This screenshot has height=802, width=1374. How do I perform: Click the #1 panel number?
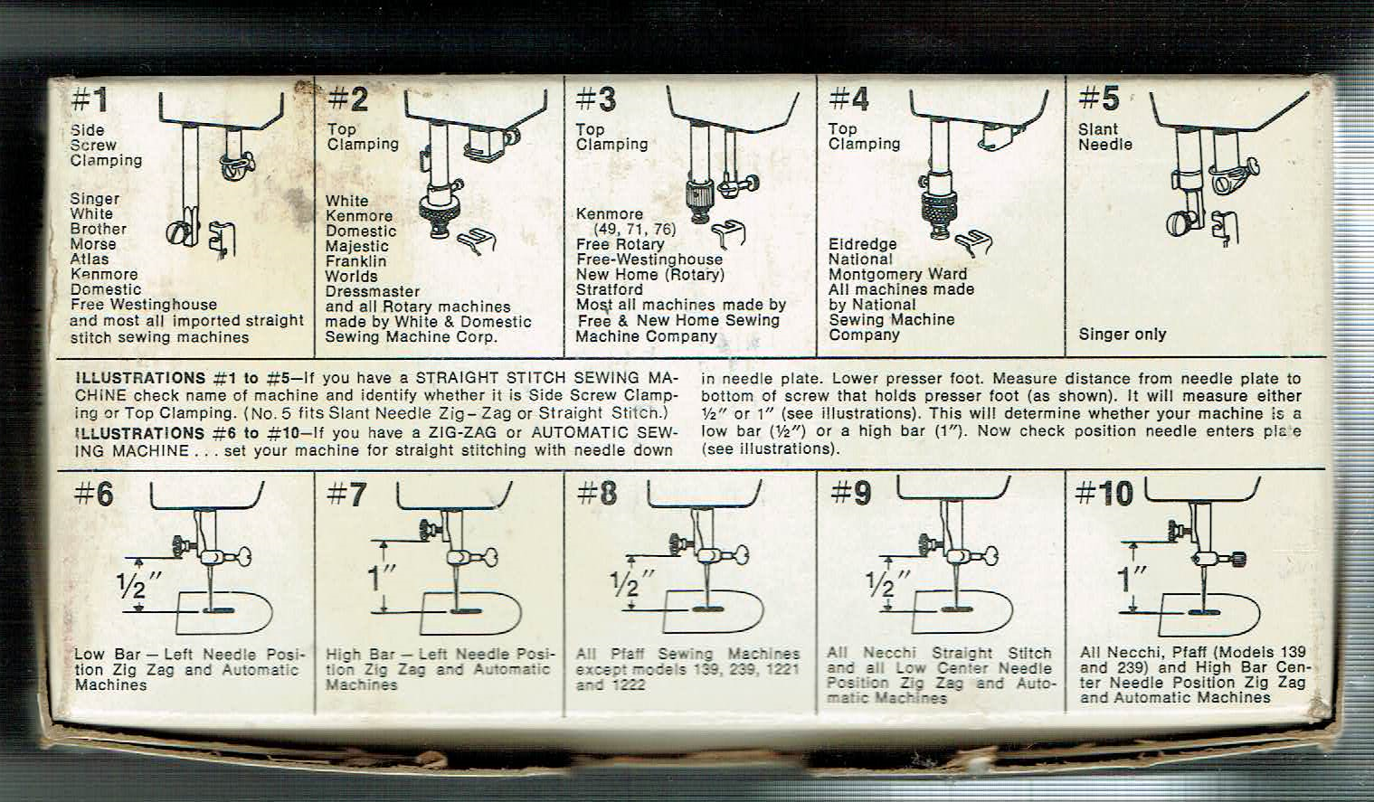[x=90, y=100]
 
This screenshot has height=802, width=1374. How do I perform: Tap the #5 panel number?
[x=1099, y=99]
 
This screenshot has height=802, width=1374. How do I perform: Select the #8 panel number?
[x=597, y=494]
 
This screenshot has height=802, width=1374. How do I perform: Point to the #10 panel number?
[x=1104, y=494]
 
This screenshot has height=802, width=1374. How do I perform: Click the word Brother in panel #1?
[x=98, y=229]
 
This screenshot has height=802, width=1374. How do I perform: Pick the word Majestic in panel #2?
[x=357, y=247]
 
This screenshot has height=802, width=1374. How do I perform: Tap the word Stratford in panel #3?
[x=609, y=289]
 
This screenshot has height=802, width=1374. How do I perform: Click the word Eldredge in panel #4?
[x=862, y=244]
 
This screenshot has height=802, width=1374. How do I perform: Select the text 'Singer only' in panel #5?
[x=1123, y=335]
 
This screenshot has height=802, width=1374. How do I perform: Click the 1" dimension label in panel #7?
[x=381, y=578]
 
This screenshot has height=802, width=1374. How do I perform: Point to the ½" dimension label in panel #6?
[x=138, y=586]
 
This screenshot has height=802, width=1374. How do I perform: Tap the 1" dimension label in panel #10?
[x=1132, y=578]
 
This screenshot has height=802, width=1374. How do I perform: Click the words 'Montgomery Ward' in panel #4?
[x=897, y=274]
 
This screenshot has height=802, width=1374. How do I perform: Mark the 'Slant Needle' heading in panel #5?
[x=1105, y=137]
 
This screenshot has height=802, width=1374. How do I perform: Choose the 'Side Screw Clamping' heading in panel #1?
[x=106, y=146]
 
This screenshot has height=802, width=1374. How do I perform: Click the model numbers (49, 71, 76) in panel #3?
[x=634, y=230]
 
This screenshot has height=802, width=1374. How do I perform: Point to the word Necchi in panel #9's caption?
[x=889, y=653]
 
